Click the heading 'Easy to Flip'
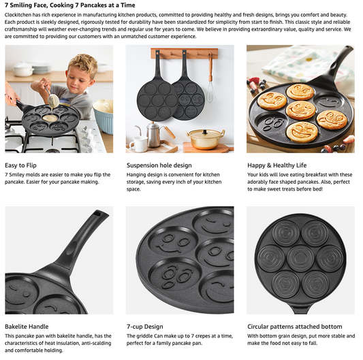pos(20,165)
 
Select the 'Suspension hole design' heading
pos(159,165)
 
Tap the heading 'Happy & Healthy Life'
pos(277,165)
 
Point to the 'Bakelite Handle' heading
pos(27,327)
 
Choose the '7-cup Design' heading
pos(144,327)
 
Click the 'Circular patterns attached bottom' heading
pos(295,327)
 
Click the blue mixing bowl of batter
pos(104,116)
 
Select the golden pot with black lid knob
pos(205,139)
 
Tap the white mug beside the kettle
pos(139,144)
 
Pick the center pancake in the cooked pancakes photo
pos(300,110)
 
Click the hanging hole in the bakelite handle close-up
pos(97,213)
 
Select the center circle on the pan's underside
pos(300,257)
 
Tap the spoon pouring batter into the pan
pos(51,97)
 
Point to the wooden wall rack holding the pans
pos(185,54)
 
